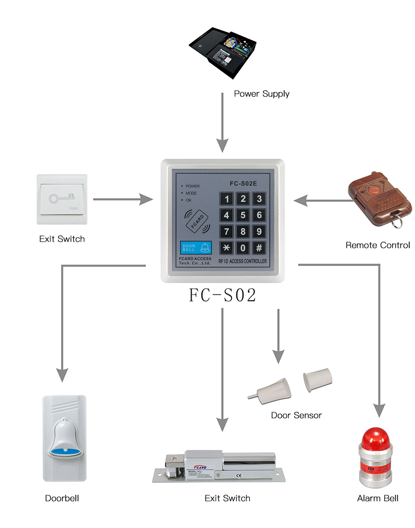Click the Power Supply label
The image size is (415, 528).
click(261, 94)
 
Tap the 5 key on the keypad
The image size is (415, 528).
click(243, 215)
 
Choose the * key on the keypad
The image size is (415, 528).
click(226, 247)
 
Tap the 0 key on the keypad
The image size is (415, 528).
click(243, 247)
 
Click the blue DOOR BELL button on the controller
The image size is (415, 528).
click(196, 248)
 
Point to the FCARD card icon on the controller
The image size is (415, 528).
click(198, 221)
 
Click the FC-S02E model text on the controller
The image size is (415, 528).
click(244, 183)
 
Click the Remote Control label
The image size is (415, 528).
click(377, 245)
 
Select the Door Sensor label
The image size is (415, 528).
click(296, 415)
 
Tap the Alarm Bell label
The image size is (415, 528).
click(378, 498)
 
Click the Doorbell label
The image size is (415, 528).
click(62, 498)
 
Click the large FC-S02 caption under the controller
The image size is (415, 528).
click(222, 295)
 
